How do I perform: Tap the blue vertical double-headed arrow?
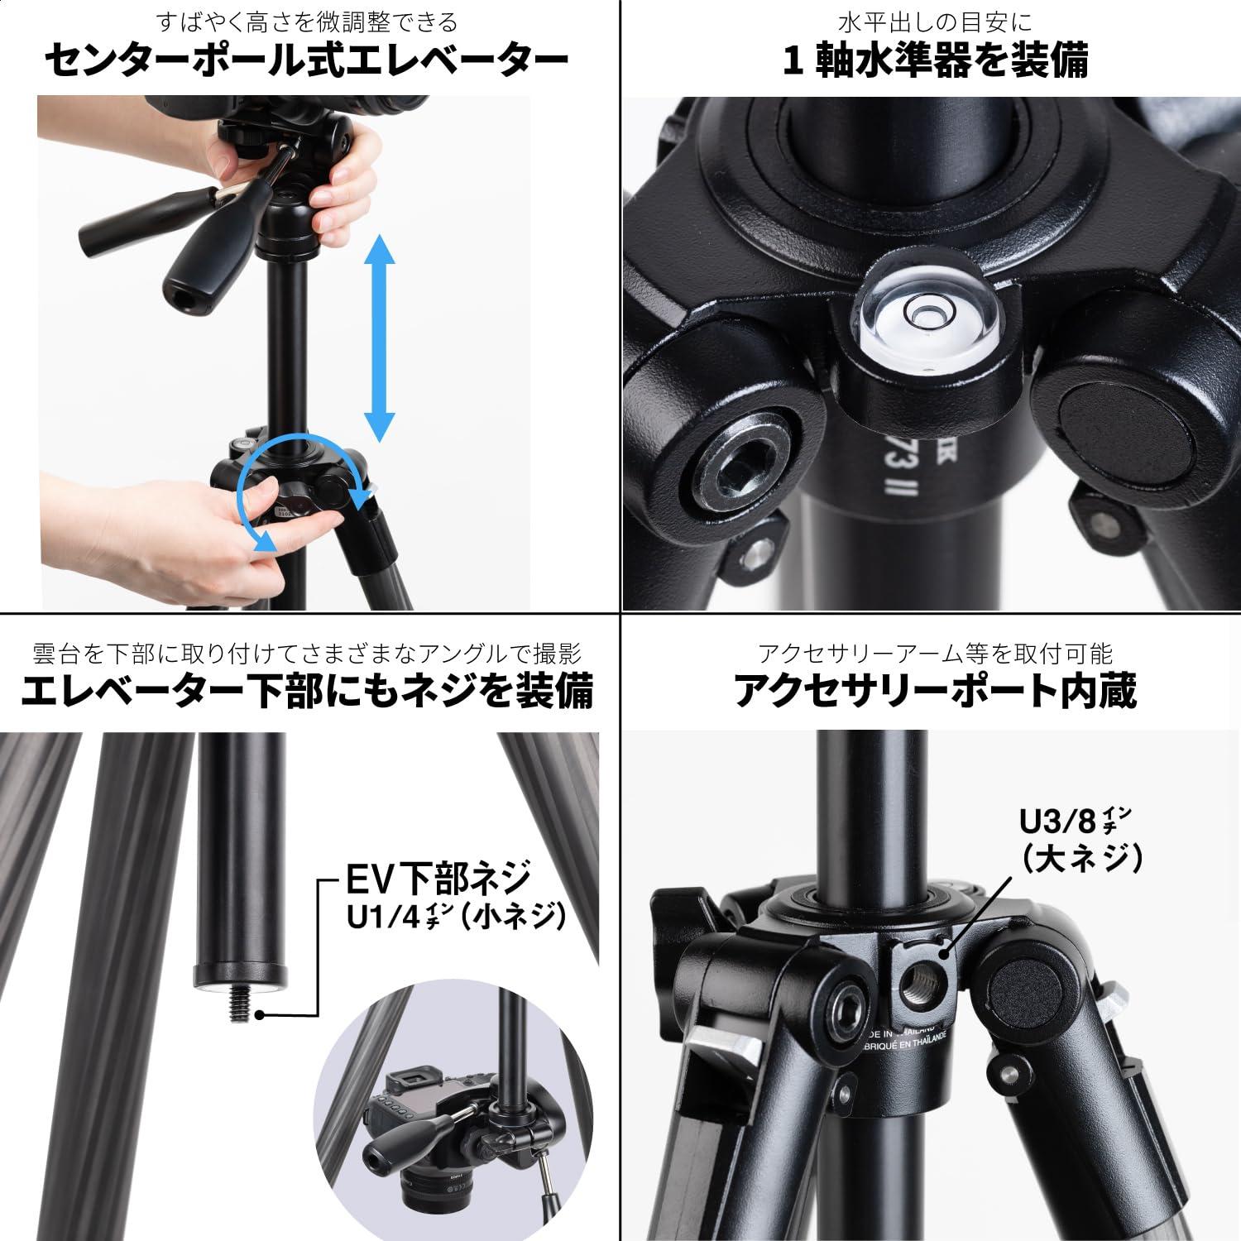pyautogui.click(x=379, y=338)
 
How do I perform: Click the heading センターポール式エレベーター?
pyautogui.click(x=307, y=61)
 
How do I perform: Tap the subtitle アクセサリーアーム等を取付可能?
pyautogui.click(x=935, y=654)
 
